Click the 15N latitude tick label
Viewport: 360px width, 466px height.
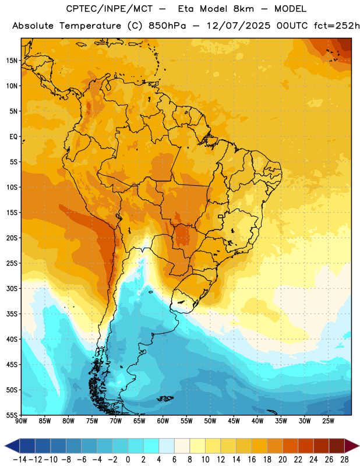[12, 61]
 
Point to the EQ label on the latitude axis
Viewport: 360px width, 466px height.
[13, 137]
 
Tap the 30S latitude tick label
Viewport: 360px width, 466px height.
[12, 288]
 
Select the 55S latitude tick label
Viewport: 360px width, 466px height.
[12, 415]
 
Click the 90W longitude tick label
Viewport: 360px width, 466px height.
[22, 421]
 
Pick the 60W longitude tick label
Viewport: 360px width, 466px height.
[163, 421]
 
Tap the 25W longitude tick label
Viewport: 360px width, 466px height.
[328, 421]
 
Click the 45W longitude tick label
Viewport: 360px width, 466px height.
[234, 421]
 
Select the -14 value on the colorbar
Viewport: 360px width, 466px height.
[20, 460]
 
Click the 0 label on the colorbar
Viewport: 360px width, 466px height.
[128, 460]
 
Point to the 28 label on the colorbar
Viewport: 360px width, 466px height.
[344, 460]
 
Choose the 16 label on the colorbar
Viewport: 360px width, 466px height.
[252, 460]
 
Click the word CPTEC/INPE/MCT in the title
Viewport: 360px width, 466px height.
[110, 9]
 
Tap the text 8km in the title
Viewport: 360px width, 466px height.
[243, 9]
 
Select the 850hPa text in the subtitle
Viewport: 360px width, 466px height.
[167, 26]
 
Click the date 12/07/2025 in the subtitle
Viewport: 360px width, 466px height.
[239, 26]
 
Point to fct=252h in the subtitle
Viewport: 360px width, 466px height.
[337, 26]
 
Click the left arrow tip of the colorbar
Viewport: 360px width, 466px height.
[5, 446]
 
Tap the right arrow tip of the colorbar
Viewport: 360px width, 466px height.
[359, 446]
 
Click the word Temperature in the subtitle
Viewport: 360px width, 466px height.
[90, 26]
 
